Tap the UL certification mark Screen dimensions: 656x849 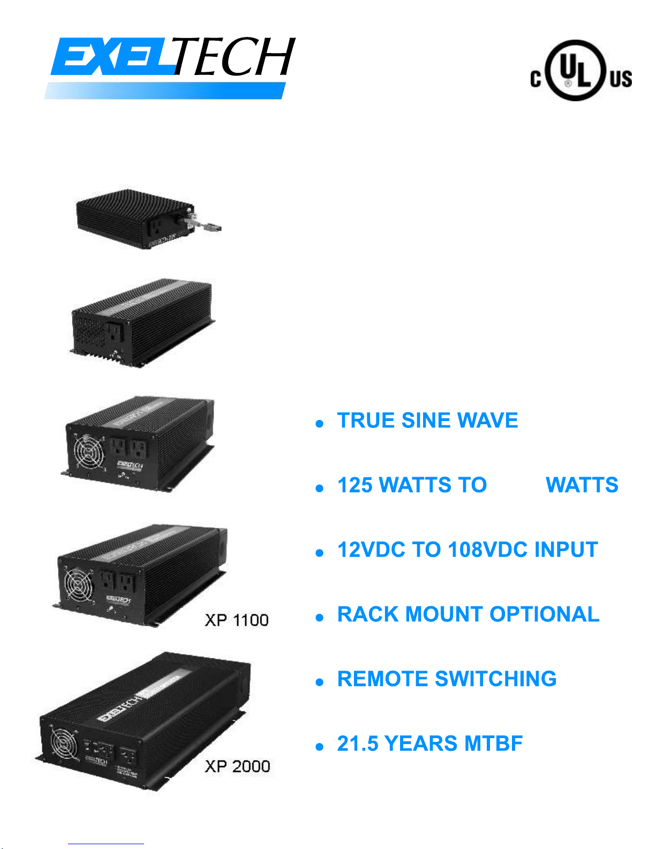coord(580,71)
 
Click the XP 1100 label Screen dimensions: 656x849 coord(236,620)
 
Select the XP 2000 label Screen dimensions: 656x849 coord(237,767)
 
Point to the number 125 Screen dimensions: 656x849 coord(355,485)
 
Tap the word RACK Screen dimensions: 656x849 coord(368,615)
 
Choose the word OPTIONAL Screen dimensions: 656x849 coord(544,615)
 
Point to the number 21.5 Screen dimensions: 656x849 coord(358,744)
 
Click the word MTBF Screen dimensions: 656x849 coord(493,744)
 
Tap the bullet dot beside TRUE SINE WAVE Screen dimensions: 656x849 coord(320,424)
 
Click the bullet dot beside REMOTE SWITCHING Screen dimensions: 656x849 coord(320,682)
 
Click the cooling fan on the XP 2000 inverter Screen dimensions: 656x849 coord(64,744)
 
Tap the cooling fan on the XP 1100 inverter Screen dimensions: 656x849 coord(78,584)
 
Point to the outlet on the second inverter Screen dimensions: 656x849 coord(115,333)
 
